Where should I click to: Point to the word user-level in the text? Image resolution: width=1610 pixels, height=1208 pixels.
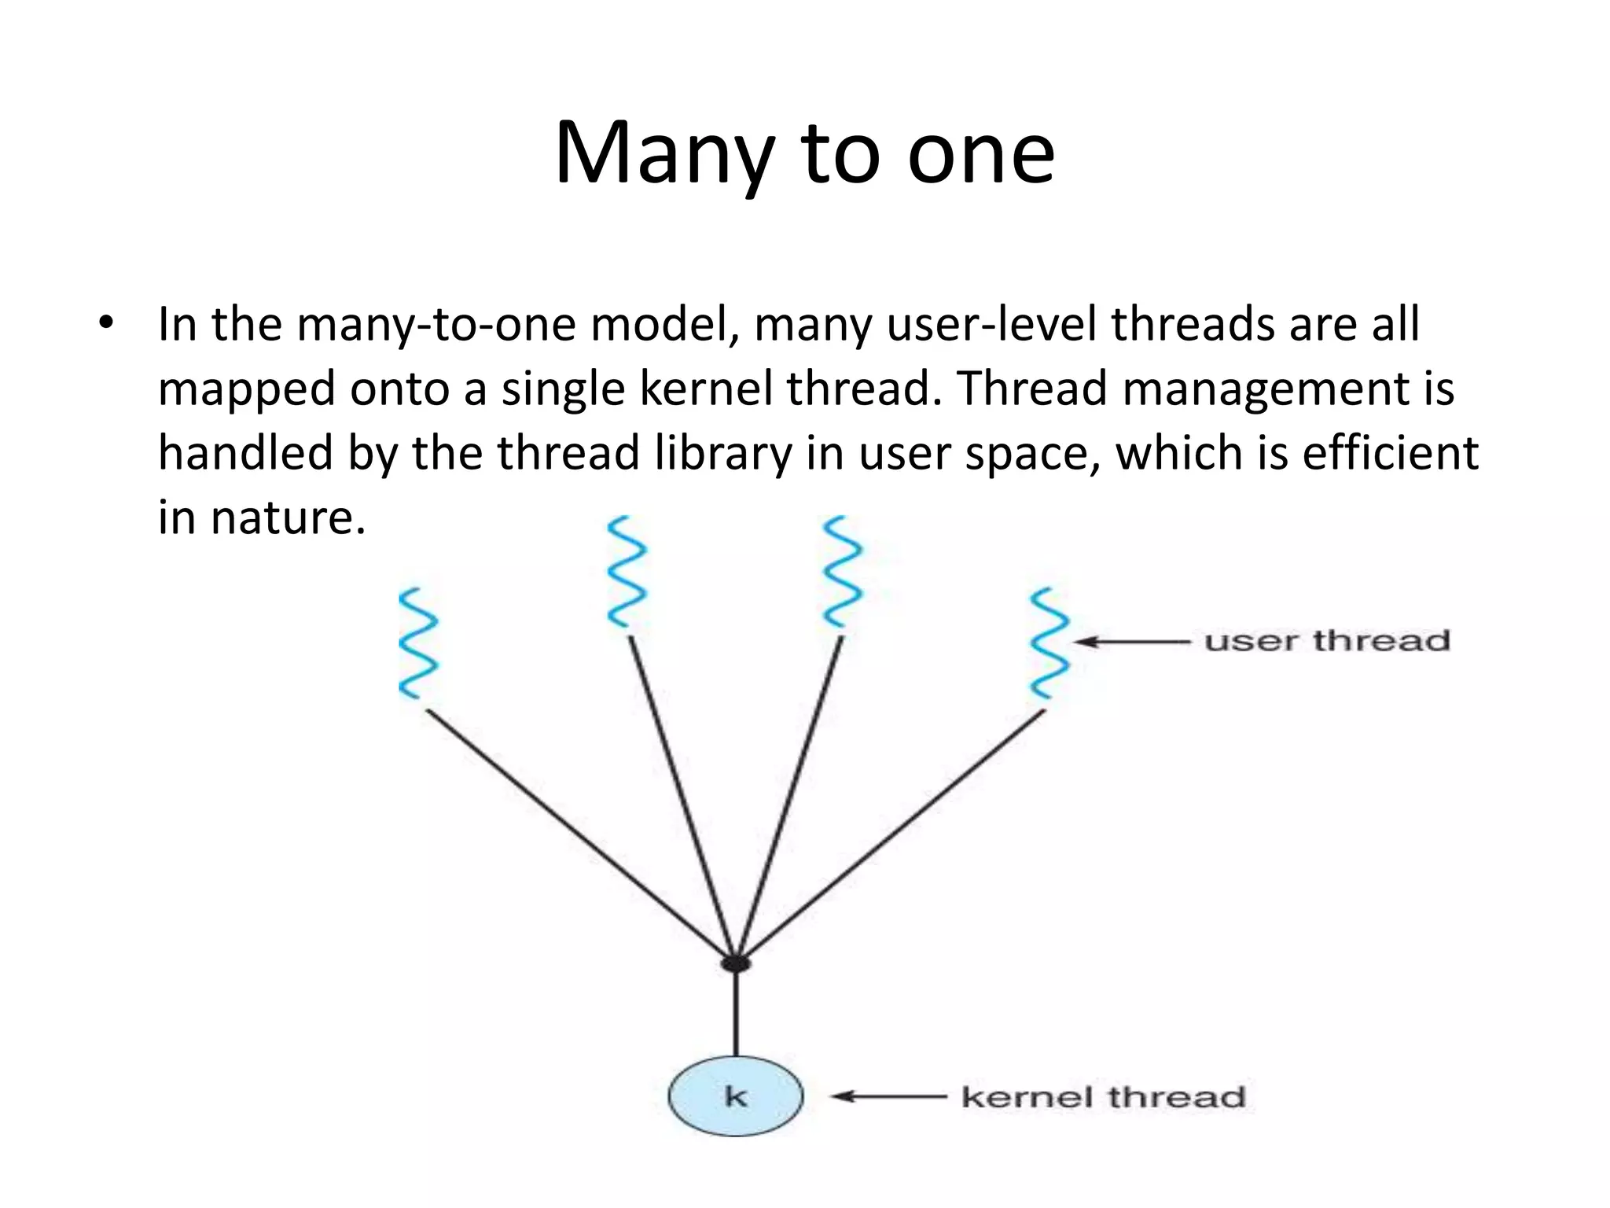[x=991, y=324]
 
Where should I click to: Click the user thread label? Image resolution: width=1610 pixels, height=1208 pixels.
[x=1327, y=641]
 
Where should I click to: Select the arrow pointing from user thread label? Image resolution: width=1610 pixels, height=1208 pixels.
[x=1132, y=642]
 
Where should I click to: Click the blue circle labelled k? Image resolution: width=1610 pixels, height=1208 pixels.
[x=736, y=1096]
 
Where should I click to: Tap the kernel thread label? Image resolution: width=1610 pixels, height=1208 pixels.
[x=1104, y=1096]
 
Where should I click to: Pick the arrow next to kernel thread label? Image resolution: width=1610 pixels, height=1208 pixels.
[x=889, y=1096]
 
